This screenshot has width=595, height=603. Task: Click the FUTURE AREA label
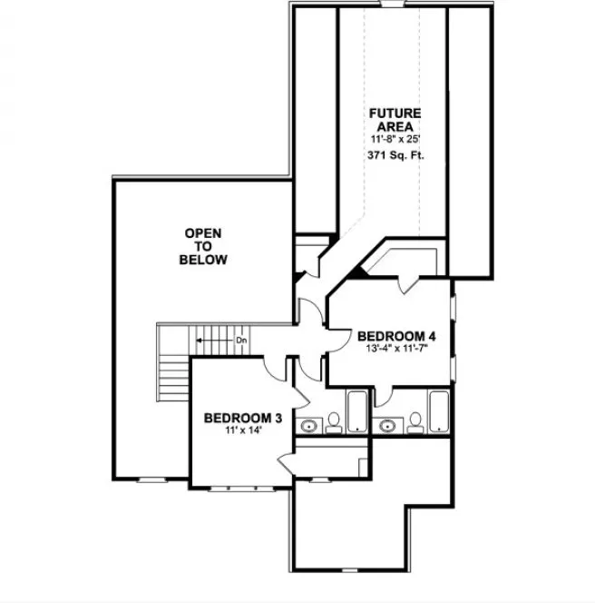395,119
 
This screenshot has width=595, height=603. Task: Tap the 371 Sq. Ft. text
395,156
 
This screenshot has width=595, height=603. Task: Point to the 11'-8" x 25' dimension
395,141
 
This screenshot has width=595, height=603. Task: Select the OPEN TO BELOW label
203,246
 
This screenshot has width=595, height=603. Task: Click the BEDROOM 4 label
396,332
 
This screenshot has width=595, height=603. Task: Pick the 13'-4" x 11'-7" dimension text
396,348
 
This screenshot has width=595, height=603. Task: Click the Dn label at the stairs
241,341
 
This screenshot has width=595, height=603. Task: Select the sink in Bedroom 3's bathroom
311,424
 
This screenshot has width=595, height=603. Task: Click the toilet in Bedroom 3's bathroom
334,420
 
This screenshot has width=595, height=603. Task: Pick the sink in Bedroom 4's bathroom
391,424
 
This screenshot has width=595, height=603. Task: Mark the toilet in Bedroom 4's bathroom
415,420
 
